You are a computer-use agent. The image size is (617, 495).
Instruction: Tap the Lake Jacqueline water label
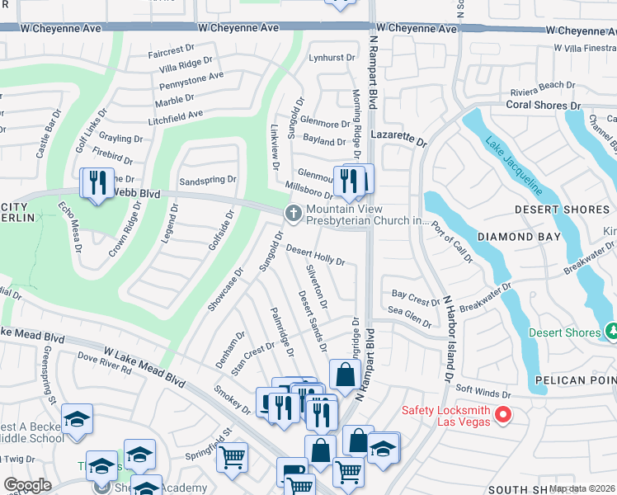[x=513, y=165]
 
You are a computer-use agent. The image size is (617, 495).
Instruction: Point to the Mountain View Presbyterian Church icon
[x=293, y=214]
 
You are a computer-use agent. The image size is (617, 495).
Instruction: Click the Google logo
[x=27, y=485]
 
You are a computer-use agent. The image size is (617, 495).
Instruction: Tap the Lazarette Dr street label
[x=399, y=137]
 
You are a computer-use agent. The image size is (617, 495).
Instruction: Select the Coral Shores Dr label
[x=544, y=106]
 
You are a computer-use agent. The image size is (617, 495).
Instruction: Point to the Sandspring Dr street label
[x=208, y=179]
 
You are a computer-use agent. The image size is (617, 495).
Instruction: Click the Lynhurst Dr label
[x=331, y=58]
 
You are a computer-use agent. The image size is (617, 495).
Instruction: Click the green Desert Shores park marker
[x=611, y=332]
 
